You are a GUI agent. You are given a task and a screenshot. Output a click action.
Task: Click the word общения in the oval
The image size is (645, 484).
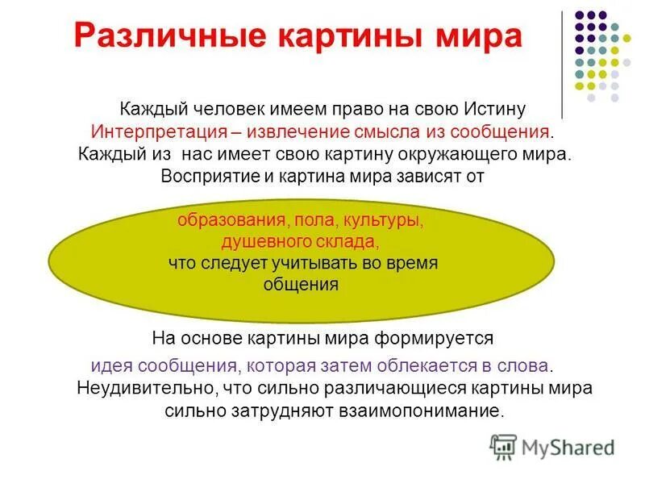pos(301,284)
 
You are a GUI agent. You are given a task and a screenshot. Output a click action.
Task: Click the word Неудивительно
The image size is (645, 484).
pos(144,388)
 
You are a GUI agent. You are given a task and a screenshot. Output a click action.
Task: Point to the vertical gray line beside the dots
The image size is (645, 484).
pos(562,65)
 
